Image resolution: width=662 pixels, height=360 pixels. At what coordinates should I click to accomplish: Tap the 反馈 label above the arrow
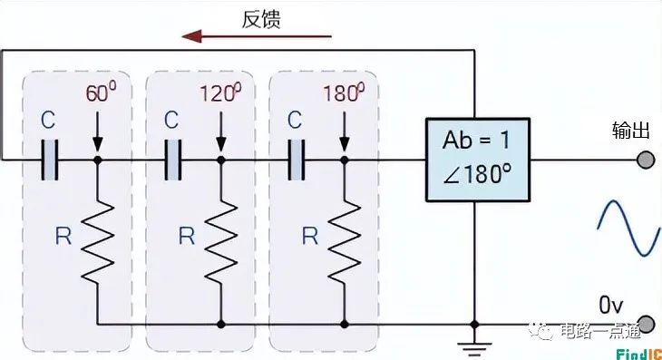(x=261, y=19)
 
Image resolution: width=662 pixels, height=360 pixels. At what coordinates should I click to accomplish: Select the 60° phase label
(x=102, y=93)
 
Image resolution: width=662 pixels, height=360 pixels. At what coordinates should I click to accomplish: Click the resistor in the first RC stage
(x=97, y=240)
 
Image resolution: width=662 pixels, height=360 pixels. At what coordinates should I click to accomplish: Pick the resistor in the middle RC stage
(x=220, y=240)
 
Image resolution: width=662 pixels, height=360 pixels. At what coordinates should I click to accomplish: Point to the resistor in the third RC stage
(x=344, y=240)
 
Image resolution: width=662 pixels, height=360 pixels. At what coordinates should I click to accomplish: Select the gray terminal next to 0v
(x=645, y=324)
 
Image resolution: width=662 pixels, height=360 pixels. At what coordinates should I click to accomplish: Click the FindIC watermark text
(x=638, y=352)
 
